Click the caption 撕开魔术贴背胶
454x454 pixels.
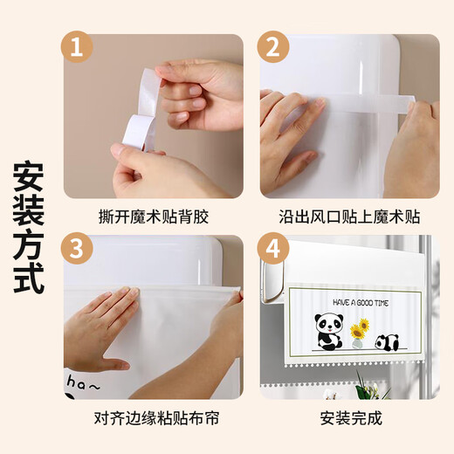pyautogui.click(x=153, y=216)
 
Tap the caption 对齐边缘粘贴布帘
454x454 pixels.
pyautogui.click(x=153, y=417)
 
